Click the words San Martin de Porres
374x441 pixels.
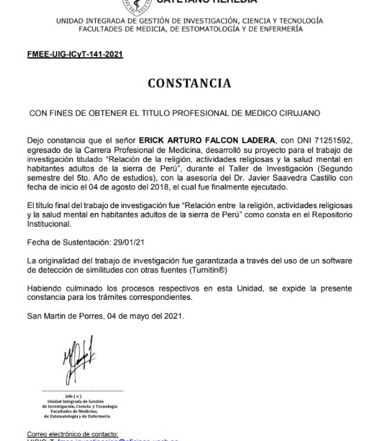click(x=58, y=316)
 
